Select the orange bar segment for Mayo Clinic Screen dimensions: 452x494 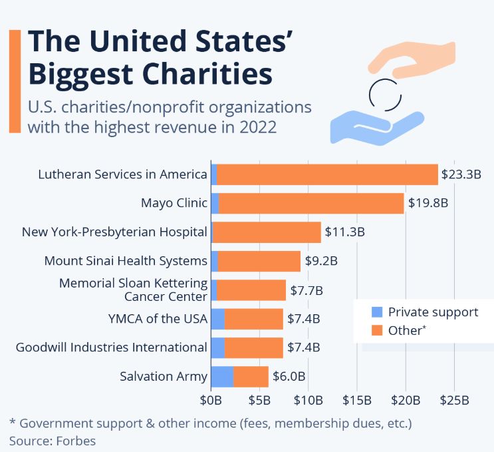[311, 204]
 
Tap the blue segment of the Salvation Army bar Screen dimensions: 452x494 [222, 376]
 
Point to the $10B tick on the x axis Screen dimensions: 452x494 [309, 401]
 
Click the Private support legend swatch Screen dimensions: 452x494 [377, 312]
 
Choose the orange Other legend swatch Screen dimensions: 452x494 [377, 330]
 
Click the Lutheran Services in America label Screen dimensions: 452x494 [122, 175]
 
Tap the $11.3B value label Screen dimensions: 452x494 [344, 232]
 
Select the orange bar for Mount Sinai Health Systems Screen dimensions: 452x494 [259, 261]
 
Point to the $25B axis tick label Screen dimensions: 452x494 [455, 401]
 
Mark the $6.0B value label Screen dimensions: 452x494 [289, 376]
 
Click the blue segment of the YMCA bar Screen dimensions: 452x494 [217, 319]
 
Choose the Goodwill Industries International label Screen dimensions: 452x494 [111, 347]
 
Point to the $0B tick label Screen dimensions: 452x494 [211, 401]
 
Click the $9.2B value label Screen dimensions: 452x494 [321, 261]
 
